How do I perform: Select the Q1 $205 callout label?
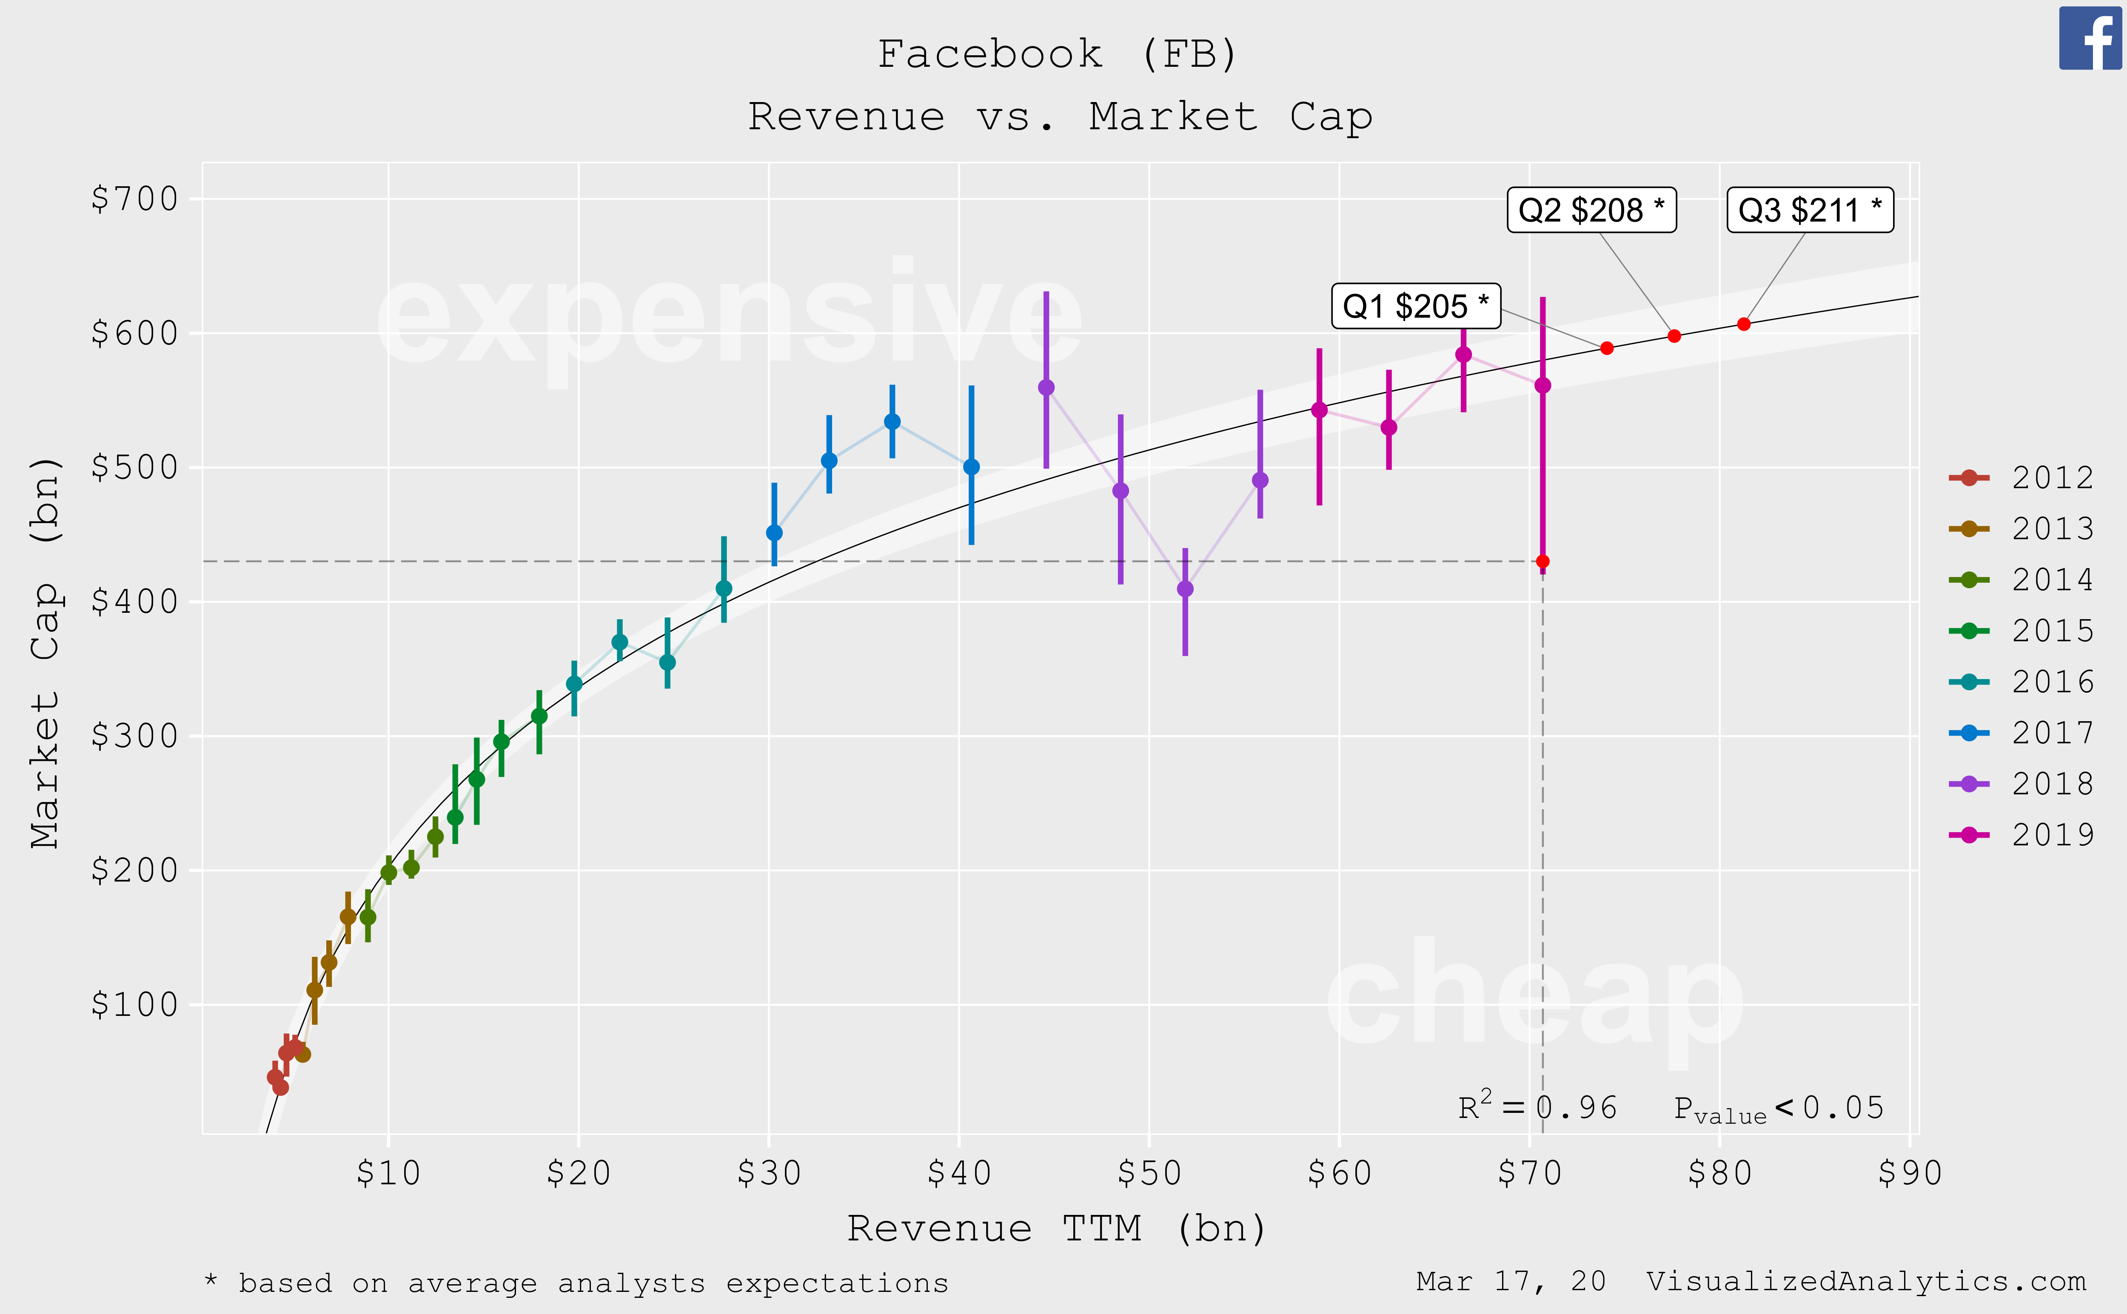point(1415,306)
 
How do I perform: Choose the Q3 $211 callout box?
point(1810,210)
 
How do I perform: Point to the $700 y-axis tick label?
point(135,199)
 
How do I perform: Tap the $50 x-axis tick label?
point(1149,1173)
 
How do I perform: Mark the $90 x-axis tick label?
point(1910,1173)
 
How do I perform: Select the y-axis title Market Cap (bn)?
point(45,652)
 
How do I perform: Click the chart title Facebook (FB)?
point(1058,54)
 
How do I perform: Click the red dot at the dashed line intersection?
point(1543,561)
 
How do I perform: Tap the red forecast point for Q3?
point(1744,324)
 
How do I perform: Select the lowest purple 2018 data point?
point(1185,589)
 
